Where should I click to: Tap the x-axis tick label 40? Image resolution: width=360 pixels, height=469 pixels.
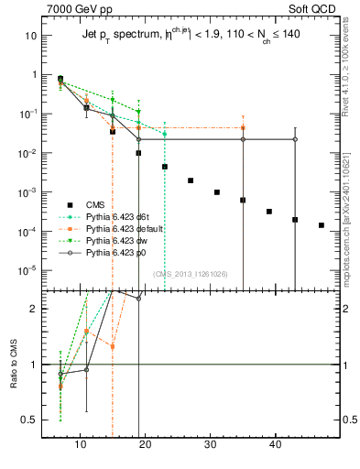[276, 444]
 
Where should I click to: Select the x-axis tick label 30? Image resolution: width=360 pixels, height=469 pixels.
[211, 444]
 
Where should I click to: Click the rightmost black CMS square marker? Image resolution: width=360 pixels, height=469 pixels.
[321, 224]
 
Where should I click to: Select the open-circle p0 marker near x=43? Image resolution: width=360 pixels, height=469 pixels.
[295, 139]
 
